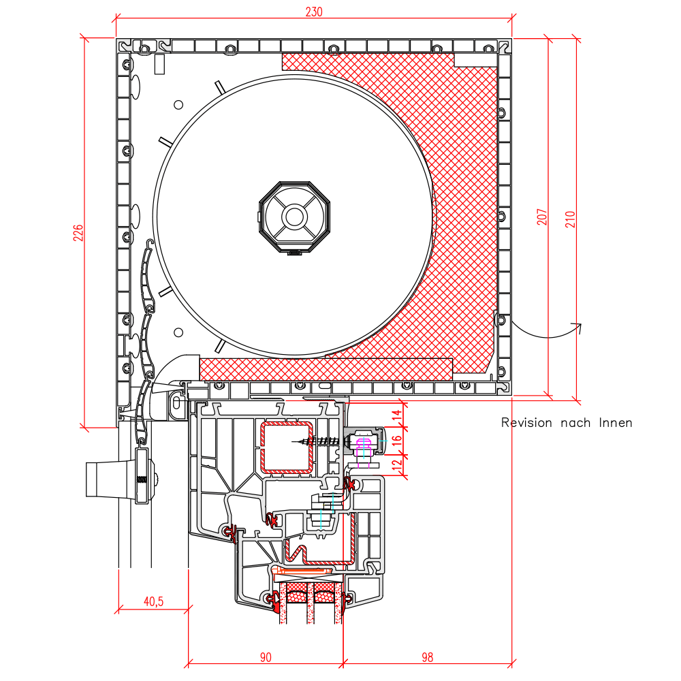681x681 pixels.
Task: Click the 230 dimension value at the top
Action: point(313,12)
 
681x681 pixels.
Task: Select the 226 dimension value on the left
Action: point(78,233)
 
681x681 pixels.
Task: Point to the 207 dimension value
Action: point(541,217)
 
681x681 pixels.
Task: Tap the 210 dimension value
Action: point(570,219)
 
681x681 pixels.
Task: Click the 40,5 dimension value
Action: point(154,601)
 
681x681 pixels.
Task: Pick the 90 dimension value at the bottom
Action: point(266,657)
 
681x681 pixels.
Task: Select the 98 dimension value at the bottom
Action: point(428,657)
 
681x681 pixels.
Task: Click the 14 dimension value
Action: point(397,415)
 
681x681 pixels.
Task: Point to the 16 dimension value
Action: point(397,441)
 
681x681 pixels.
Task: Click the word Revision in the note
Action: point(526,423)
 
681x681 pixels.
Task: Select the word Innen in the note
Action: point(616,423)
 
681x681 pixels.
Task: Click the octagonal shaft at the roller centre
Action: point(294,217)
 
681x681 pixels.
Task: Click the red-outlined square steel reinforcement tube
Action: point(287,447)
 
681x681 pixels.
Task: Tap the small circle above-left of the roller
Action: point(178,105)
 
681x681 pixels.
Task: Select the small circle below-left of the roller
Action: point(178,332)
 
